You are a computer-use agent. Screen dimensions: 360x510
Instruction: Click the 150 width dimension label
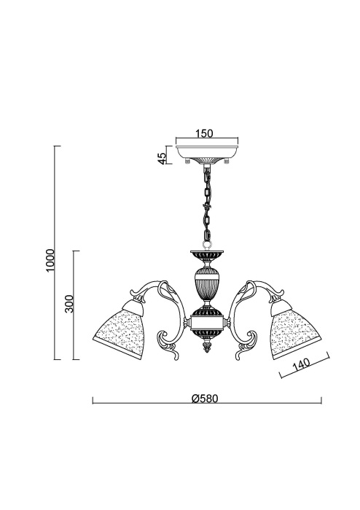204,133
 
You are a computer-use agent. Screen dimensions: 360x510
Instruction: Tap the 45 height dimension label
162,158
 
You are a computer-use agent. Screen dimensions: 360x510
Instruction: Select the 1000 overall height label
50,261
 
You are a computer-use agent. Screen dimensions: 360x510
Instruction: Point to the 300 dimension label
69,304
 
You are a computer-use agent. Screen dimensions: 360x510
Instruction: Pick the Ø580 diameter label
205,399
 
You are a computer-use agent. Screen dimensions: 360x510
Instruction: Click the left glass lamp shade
120,329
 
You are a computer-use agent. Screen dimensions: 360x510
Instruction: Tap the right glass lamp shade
294,329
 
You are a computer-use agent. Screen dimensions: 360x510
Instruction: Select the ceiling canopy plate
207,152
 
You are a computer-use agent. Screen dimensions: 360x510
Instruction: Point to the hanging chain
206,204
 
